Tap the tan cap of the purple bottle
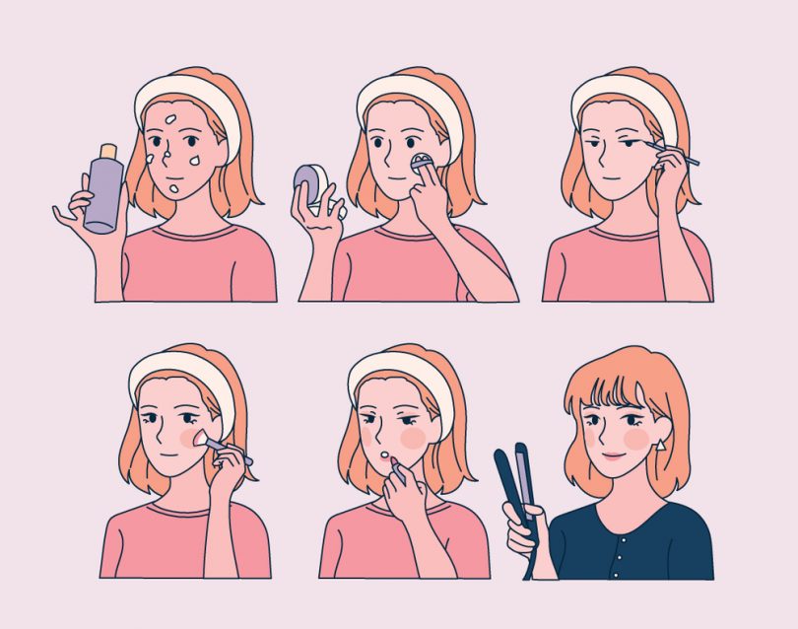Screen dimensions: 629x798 pyautogui.click(x=107, y=149)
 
